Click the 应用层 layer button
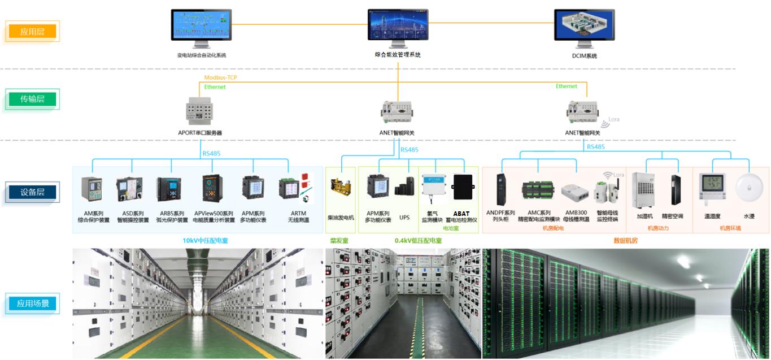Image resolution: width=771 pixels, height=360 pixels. (32, 32)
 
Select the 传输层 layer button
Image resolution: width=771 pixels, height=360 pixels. (32, 99)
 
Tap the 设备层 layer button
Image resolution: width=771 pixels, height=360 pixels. (32, 192)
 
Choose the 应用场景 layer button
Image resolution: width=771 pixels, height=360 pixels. (32, 303)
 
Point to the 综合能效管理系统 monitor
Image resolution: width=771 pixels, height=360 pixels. (398, 27)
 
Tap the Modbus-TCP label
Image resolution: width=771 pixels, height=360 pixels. (220, 77)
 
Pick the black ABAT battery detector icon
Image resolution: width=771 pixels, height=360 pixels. (462, 187)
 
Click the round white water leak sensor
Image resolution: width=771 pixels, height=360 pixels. (749, 188)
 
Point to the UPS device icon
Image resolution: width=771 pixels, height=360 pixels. (404, 187)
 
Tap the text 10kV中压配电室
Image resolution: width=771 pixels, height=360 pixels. (205, 241)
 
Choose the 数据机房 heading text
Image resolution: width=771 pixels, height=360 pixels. (625, 241)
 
